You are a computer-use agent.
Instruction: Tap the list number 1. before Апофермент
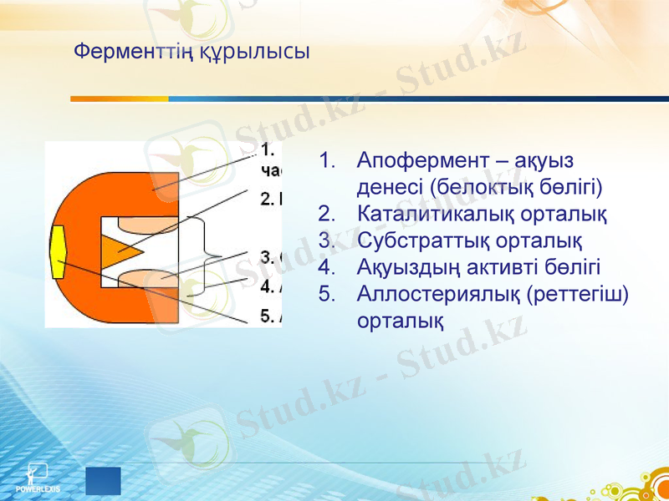[x=327, y=159]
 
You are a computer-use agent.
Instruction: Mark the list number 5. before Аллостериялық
[x=327, y=293]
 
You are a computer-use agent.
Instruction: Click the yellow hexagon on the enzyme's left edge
[x=59, y=251]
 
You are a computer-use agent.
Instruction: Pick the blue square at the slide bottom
[x=103, y=482]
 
